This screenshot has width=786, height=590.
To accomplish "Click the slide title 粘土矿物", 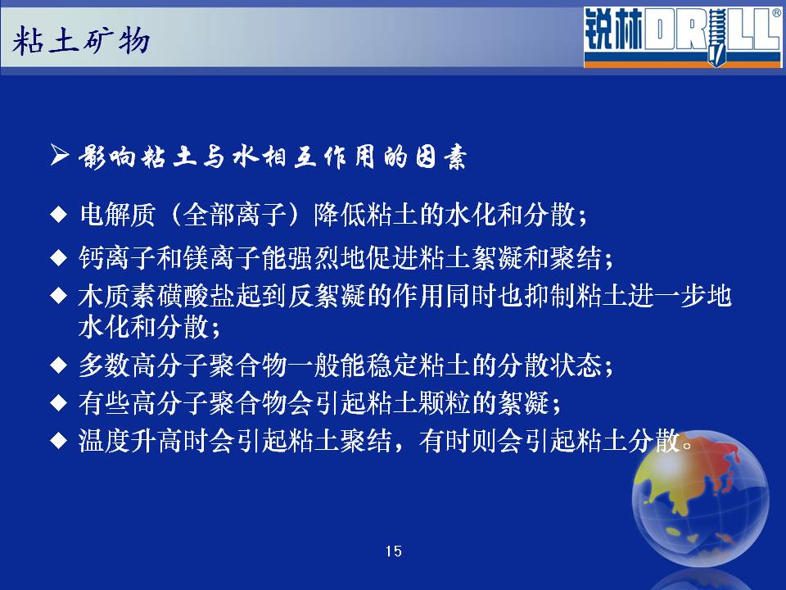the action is coord(81,41).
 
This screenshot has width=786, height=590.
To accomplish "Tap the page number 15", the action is coord(394,551).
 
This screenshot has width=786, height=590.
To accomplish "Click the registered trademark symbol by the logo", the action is coord(777,13).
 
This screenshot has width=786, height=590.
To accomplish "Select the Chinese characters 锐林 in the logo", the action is coord(613,30).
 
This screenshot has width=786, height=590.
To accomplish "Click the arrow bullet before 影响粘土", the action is coord(60,155).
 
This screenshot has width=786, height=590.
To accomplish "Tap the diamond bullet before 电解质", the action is coord(59,215).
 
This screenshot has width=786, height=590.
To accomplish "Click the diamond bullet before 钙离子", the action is coord(59,258).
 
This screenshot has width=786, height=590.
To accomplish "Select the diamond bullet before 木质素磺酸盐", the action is coord(59,296).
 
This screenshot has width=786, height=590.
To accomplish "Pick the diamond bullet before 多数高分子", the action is coord(59,365).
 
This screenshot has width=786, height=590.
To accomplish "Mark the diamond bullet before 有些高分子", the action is coord(59,402).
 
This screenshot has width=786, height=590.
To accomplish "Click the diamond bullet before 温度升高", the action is coord(59,441).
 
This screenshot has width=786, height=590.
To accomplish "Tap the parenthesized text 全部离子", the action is coord(235,215).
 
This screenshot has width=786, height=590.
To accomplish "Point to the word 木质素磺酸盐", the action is coord(157,296).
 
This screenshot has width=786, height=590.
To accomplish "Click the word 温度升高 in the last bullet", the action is coord(131,441).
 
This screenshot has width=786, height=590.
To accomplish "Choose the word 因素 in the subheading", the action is coord(441,157).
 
